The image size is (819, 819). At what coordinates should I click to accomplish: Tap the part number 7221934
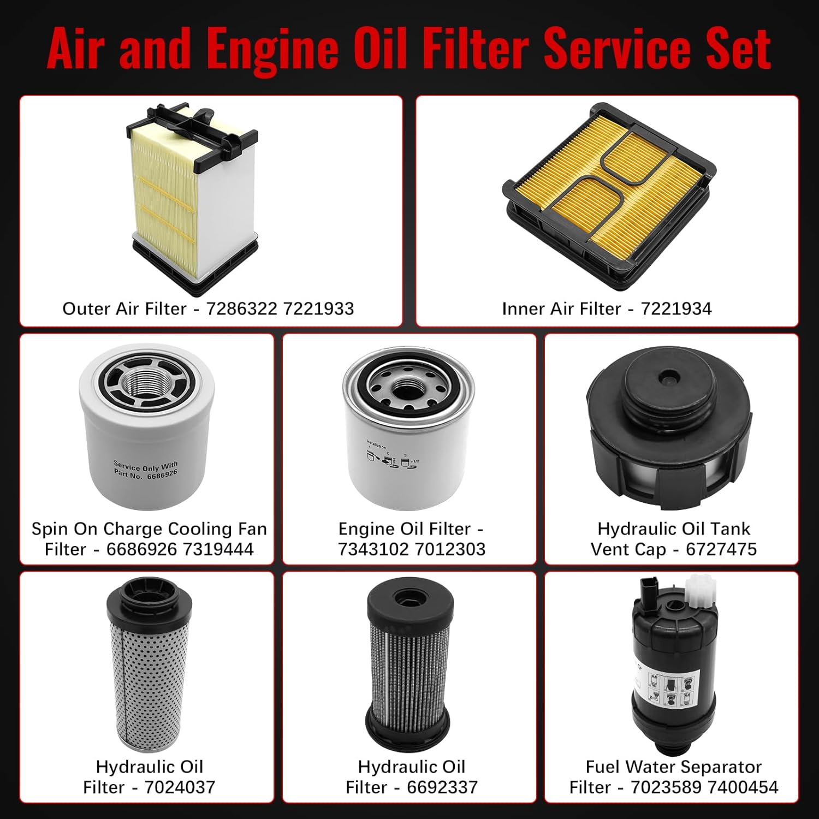coord(676,309)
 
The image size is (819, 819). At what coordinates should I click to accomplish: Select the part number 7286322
coord(241,309)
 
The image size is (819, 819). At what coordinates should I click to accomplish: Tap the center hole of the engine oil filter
coord(405,389)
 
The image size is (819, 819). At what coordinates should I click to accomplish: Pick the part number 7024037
coord(180,787)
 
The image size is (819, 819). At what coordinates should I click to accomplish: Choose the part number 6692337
coord(442,787)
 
